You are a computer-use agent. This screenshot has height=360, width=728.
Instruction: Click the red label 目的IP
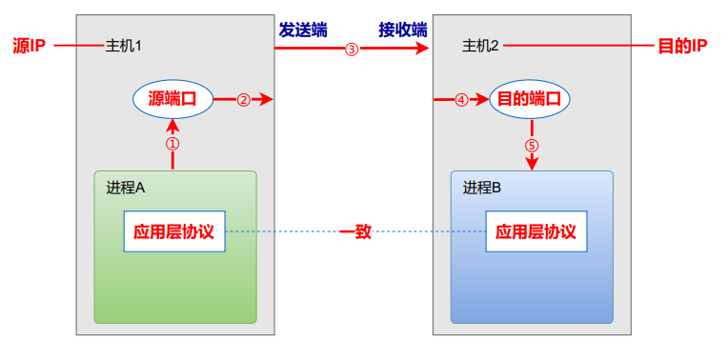(682, 46)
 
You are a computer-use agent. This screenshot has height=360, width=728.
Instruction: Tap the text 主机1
(123, 46)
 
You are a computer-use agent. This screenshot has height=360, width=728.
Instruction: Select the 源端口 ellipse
(172, 98)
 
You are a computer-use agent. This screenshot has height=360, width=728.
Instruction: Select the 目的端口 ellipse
(530, 98)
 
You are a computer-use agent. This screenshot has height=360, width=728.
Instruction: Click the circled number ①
(172, 144)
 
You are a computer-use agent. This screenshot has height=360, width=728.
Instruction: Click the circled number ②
(243, 99)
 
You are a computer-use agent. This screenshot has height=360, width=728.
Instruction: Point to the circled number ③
(352, 50)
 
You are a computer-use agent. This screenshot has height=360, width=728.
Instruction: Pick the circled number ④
(461, 99)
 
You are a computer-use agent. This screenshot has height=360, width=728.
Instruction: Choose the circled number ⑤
(532, 146)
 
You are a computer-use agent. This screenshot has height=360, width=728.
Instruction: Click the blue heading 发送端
(302, 30)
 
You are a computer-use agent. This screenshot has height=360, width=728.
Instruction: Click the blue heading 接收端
(402, 30)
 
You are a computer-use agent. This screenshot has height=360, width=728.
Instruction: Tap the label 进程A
(125, 188)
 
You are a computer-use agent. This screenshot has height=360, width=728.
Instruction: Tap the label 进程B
(482, 188)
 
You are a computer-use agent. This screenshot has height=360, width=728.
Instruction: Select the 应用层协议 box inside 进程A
(174, 231)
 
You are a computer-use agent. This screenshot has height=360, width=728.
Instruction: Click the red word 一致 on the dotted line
(354, 231)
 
